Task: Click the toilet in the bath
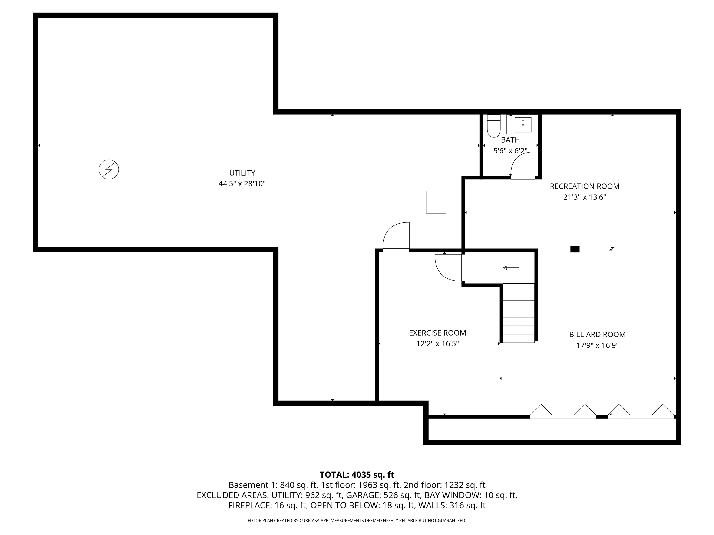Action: (x=493, y=126)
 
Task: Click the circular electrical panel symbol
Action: (x=109, y=169)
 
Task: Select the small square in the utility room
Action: (x=436, y=202)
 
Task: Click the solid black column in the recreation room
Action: (x=575, y=249)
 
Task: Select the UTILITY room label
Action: (x=242, y=173)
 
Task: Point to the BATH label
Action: (x=510, y=140)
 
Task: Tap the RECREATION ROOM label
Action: (x=585, y=186)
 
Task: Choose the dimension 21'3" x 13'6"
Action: (x=585, y=197)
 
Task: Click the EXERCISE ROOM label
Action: (x=437, y=333)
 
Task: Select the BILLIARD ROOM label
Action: (x=597, y=334)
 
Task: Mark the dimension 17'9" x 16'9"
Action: (x=597, y=345)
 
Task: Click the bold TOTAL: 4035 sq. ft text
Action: (x=357, y=475)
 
